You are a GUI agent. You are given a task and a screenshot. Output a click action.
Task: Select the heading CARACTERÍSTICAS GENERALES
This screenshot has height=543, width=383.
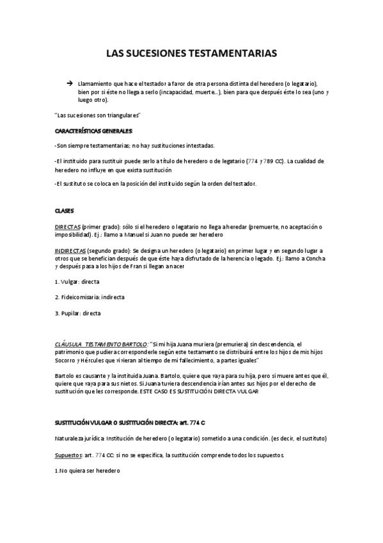point(94,131)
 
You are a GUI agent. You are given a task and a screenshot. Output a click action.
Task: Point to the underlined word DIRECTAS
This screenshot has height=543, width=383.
point(68,227)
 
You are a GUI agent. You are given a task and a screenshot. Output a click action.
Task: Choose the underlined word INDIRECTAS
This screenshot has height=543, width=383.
point(72,251)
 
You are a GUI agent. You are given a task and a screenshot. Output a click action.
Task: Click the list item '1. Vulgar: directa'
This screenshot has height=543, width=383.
point(77,282)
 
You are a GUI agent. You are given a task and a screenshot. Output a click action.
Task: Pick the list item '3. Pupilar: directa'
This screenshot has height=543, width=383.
point(77,314)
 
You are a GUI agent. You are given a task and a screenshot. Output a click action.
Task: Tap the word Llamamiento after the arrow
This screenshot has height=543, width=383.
point(97,84)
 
